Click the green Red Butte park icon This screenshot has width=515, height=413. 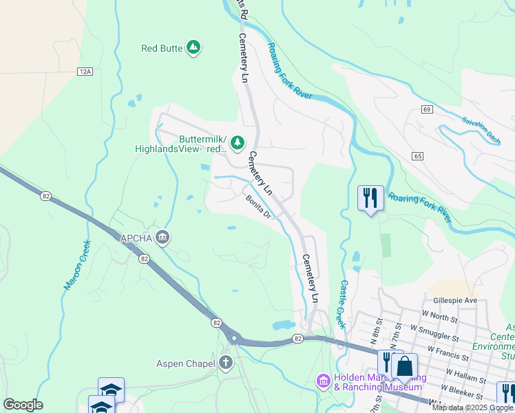[194, 47]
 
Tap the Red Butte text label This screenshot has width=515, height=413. [162, 48]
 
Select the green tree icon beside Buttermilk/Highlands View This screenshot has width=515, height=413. [238, 142]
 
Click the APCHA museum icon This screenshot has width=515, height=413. [163, 238]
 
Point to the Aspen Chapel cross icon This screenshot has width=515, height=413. [227, 363]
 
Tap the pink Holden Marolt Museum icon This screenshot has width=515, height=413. [323, 381]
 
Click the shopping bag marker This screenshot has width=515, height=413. [404, 367]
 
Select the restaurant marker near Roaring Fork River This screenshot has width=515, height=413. [370, 198]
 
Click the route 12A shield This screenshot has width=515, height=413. [85, 71]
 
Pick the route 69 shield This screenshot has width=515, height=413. [427, 109]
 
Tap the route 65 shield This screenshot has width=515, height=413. [418, 156]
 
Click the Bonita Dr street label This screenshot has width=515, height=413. [260, 207]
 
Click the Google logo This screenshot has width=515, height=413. [23, 405]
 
